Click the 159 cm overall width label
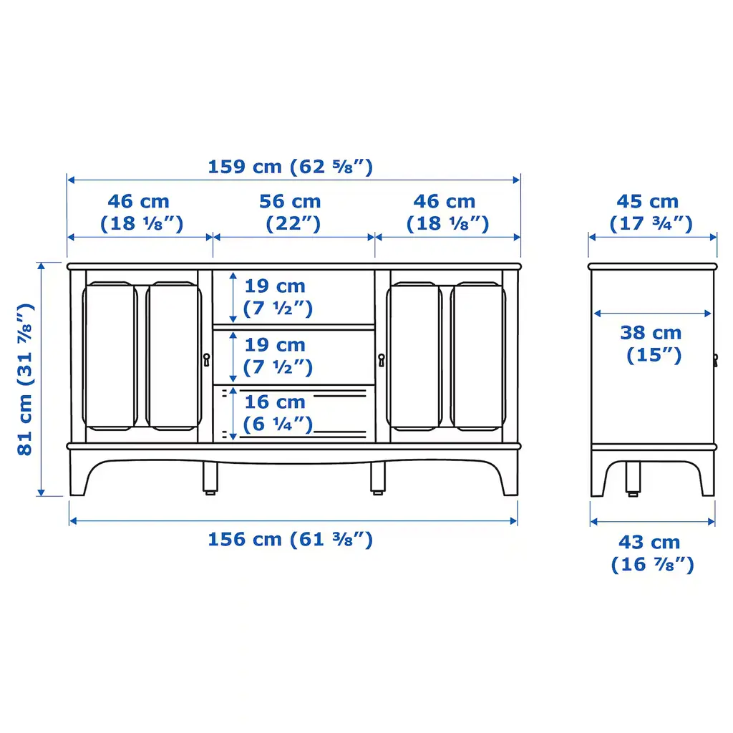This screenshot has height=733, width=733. pos(291,167)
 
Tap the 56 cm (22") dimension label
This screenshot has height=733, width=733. pos(291,213)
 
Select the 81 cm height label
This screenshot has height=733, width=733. pos(25,379)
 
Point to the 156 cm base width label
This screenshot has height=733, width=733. pos(291,540)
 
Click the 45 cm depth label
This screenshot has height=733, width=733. pos(650,213)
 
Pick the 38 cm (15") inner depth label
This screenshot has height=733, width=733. pos(652,344)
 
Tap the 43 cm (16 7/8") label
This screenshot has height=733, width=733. pos(652,553)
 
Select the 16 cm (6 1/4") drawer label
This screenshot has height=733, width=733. pos(277,413)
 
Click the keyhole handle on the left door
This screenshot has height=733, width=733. pos(206,359)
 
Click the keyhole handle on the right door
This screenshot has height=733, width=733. pos(382,360)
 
